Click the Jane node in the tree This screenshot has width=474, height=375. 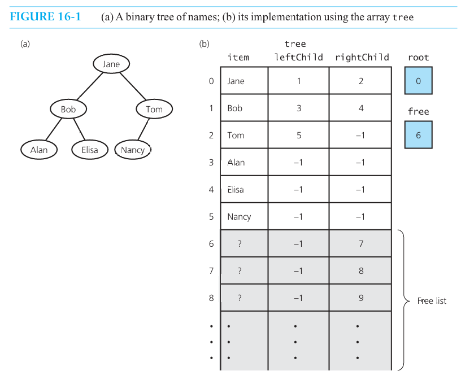point(111,64)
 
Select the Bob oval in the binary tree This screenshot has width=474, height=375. point(68,109)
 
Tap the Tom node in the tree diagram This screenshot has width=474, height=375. point(154,109)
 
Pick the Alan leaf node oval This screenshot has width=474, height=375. point(39,150)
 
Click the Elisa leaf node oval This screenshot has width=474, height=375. point(89,150)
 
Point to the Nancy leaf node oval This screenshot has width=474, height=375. point(133,150)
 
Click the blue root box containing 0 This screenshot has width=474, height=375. point(418,81)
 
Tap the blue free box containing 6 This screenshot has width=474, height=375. point(418,135)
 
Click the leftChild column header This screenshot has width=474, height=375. point(298,57)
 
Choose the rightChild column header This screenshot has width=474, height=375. point(362,57)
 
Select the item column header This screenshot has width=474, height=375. point(238,57)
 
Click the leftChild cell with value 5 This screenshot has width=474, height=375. point(298,135)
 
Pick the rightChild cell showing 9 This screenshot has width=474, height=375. point(361,298)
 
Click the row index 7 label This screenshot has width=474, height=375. point(211,271)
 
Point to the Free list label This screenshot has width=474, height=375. point(432,300)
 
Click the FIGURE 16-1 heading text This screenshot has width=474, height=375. point(45,16)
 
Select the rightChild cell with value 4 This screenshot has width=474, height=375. point(361,108)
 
